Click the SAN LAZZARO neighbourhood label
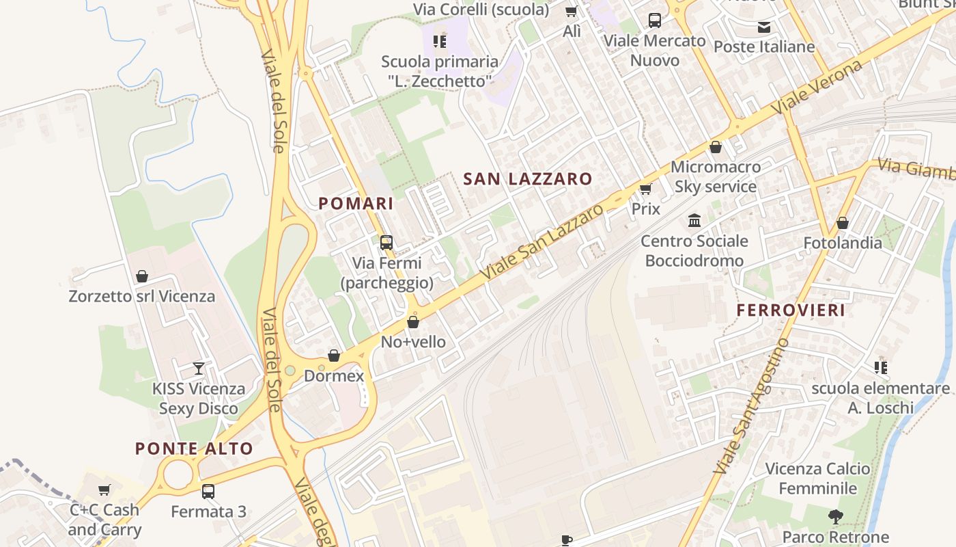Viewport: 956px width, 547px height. click(528, 179)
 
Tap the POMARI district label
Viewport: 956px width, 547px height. click(356, 204)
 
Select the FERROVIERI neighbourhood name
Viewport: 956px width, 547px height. click(791, 310)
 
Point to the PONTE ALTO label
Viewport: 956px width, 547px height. click(194, 449)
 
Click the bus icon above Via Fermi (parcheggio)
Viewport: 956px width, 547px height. click(386, 243)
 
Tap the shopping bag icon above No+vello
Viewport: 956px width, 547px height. click(413, 322)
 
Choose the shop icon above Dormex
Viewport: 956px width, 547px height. click(334, 356)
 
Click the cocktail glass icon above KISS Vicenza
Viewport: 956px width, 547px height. click(199, 369)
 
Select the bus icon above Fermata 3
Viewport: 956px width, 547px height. click(208, 492)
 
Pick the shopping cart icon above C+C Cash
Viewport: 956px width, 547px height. click(104, 490)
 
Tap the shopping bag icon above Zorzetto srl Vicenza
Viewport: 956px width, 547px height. click(142, 276)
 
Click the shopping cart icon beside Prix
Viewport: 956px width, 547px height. click(645, 189)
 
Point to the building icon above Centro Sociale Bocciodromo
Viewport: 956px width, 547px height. click(695, 221)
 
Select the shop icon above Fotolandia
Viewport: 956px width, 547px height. click(843, 223)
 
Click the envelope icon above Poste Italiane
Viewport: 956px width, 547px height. click(764, 27)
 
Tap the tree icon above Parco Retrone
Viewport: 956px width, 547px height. click(835, 517)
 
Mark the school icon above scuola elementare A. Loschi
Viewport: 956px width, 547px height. click(881, 368)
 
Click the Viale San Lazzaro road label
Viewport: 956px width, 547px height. click(542, 241)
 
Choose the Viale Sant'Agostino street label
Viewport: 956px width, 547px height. click(752, 406)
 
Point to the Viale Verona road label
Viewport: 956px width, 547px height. click(817, 87)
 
